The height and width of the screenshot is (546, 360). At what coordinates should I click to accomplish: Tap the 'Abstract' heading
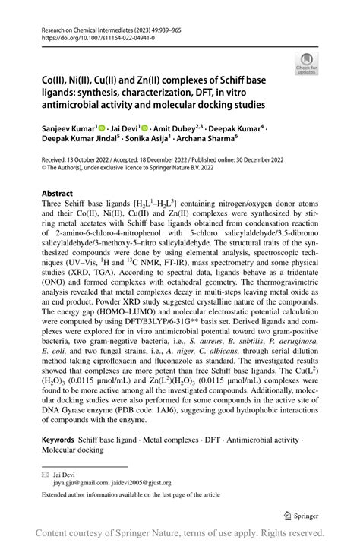pos(57,194)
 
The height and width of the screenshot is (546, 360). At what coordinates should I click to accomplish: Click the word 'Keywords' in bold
pos(57,440)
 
